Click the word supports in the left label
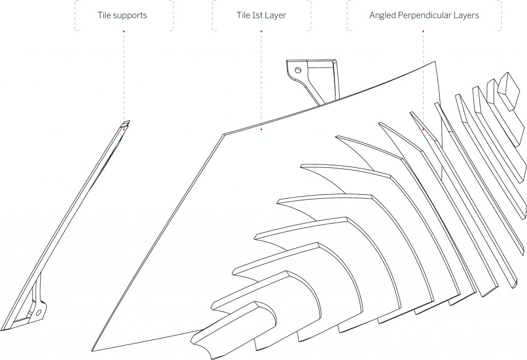point(130,15)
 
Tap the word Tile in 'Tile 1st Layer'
point(237,15)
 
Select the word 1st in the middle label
point(255,15)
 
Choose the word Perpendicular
point(425,15)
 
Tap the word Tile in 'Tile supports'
point(104,15)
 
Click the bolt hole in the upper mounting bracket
point(297,70)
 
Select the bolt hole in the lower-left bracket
point(39,313)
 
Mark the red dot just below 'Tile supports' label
point(124,31)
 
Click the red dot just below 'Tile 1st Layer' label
point(261,31)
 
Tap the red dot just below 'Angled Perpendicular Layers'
point(423,31)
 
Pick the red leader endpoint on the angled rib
point(423,130)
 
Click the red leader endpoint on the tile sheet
point(261,130)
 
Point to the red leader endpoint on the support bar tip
point(124,129)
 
